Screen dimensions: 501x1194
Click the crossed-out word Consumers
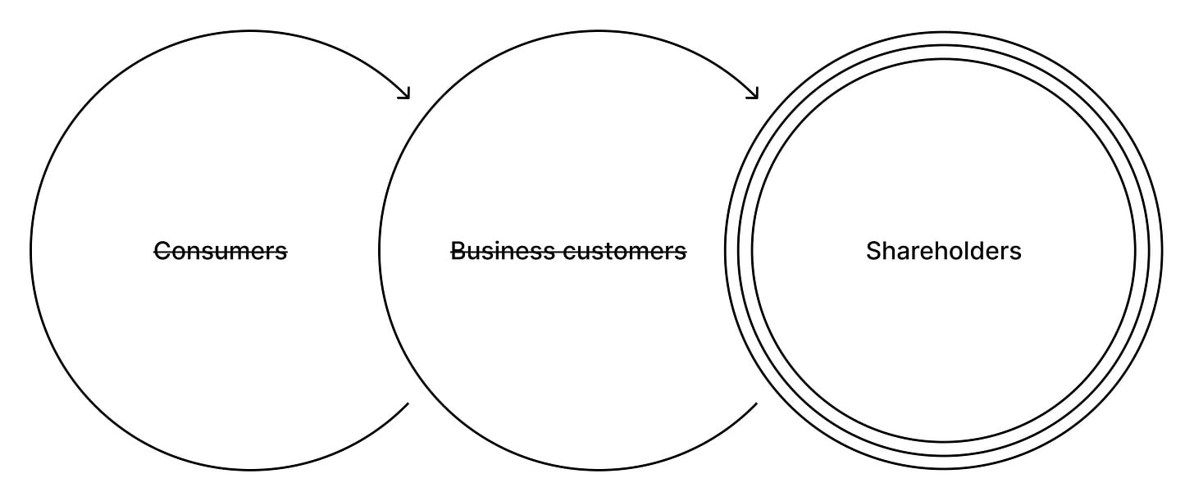[221, 251]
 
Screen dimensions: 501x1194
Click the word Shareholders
[943, 251]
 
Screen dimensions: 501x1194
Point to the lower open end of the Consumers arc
[408, 403]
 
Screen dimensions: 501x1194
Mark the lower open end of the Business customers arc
[757, 403]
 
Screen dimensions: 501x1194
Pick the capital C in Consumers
[162, 251]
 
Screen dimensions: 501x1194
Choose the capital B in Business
[458, 251]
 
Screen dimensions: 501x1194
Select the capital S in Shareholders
[873, 251]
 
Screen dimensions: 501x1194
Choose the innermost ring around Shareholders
[943, 59]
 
